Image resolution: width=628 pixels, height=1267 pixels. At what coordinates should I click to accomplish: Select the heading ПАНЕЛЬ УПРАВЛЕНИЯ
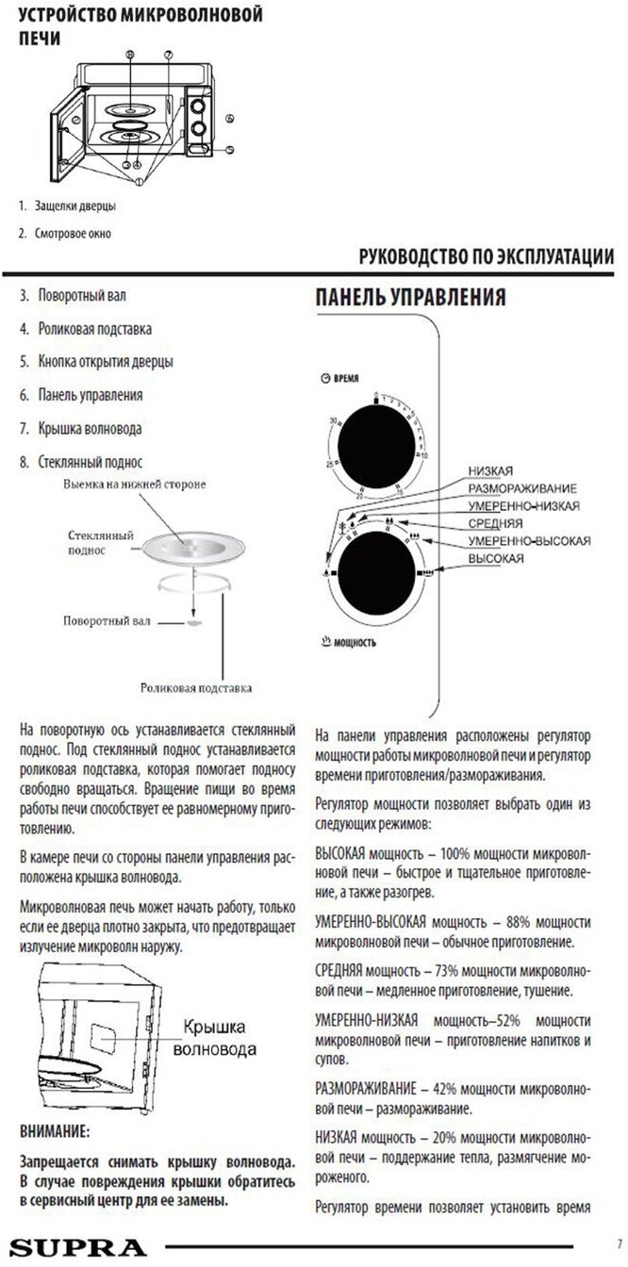(x=410, y=297)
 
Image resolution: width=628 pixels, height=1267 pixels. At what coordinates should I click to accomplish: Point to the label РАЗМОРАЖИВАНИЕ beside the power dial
(x=521, y=488)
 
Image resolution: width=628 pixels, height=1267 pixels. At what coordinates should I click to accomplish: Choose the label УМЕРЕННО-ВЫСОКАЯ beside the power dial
(x=529, y=540)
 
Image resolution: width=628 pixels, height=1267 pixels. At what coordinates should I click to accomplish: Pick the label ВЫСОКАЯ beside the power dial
(x=496, y=558)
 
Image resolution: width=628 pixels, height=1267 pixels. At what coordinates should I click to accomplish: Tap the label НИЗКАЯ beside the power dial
(x=489, y=470)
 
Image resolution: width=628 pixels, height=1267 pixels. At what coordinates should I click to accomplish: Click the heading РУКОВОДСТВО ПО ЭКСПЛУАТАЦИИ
(x=488, y=257)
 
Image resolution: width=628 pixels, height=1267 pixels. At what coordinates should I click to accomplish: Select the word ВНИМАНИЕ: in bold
(x=55, y=1130)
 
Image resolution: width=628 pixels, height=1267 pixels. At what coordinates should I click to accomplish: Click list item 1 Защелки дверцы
(x=74, y=205)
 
